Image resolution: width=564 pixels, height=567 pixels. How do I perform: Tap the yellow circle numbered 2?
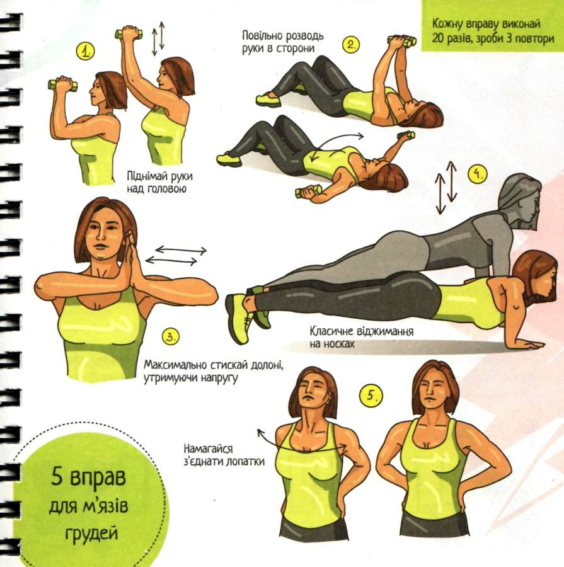point(351,44)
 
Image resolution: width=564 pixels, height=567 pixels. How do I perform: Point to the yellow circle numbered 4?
point(478,174)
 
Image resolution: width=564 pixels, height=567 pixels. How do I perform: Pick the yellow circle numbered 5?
point(371,394)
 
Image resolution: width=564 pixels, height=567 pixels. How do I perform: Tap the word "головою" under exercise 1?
point(167,188)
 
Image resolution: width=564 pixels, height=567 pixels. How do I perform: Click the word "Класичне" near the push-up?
point(331,331)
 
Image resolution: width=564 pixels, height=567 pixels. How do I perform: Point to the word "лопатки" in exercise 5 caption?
point(245,461)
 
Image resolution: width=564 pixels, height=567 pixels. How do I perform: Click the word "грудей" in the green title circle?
point(92,533)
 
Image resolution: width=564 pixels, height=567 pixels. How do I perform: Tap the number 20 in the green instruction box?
point(438,38)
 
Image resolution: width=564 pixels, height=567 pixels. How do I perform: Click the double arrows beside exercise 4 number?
point(446,187)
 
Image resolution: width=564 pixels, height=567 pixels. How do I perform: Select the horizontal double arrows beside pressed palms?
point(176,255)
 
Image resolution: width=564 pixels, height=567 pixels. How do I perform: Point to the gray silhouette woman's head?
point(520,197)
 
